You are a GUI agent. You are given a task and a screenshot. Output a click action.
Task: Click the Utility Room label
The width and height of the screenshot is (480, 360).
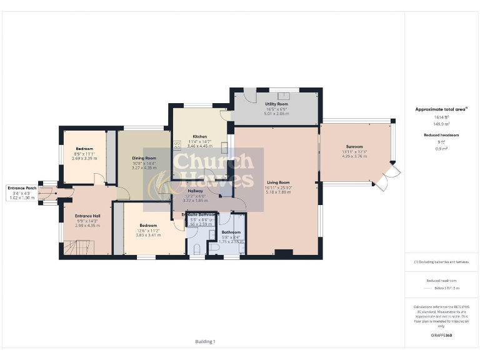(x=276, y=104)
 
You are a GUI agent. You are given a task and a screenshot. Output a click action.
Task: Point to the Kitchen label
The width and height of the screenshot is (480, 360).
(x=200, y=136)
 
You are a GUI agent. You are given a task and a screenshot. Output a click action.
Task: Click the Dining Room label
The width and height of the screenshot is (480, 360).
(x=144, y=158)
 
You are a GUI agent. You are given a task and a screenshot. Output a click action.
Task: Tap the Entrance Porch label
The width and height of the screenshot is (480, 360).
(x=23, y=187)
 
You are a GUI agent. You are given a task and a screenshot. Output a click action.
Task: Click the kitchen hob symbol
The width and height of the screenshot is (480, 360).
(x=177, y=146)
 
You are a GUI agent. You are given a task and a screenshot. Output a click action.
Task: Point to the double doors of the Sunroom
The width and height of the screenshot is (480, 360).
(x=389, y=177)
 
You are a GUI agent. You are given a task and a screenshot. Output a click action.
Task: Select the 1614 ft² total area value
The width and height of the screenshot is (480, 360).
(x=441, y=117)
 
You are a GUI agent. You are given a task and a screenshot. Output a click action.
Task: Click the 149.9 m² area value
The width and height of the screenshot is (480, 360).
(x=441, y=124)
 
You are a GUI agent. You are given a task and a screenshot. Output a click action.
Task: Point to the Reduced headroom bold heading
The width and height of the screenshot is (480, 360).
(x=441, y=135)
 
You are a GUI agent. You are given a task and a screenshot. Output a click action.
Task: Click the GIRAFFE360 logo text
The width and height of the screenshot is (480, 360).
(x=441, y=336)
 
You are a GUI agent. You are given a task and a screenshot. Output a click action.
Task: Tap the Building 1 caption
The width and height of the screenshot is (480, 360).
(x=205, y=341)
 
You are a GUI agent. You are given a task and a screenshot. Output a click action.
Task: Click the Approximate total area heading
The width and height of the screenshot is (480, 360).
(x=441, y=109)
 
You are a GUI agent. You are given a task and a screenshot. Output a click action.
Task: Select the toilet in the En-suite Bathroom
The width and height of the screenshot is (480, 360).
(x=196, y=249)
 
